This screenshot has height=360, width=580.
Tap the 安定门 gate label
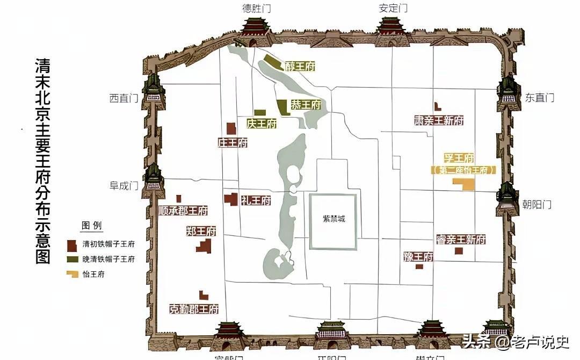[x=393, y=8]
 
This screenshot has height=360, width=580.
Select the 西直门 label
[x=124, y=98]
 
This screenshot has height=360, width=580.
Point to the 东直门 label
[x=540, y=98]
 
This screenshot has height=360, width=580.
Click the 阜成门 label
[x=124, y=186]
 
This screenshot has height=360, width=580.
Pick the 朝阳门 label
[x=537, y=204]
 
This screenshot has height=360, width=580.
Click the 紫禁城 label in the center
[x=334, y=219]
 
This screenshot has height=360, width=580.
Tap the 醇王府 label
[x=300, y=67]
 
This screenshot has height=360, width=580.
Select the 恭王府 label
[x=306, y=105]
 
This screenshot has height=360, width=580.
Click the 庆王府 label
[x=262, y=124]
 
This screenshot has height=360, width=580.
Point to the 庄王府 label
[x=233, y=143]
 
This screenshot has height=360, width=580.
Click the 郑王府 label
[x=201, y=232]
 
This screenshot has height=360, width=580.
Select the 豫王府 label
[x=418, y=256]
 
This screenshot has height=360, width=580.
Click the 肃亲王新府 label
[x=439, y=120]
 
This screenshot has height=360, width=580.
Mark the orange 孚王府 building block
[x=463, y=184]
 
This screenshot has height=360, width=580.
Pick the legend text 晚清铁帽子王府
[x=108, y=259]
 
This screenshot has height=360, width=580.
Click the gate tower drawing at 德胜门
[x=255, y=30]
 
